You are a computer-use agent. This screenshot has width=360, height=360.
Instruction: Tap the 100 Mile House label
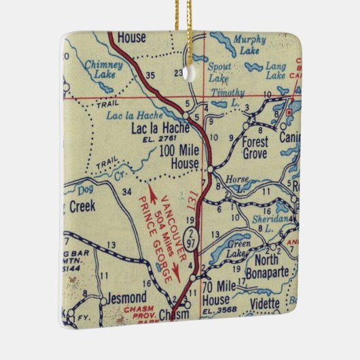tap(179, 158)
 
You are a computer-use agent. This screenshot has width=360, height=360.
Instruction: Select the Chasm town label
tap(175, 314)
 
